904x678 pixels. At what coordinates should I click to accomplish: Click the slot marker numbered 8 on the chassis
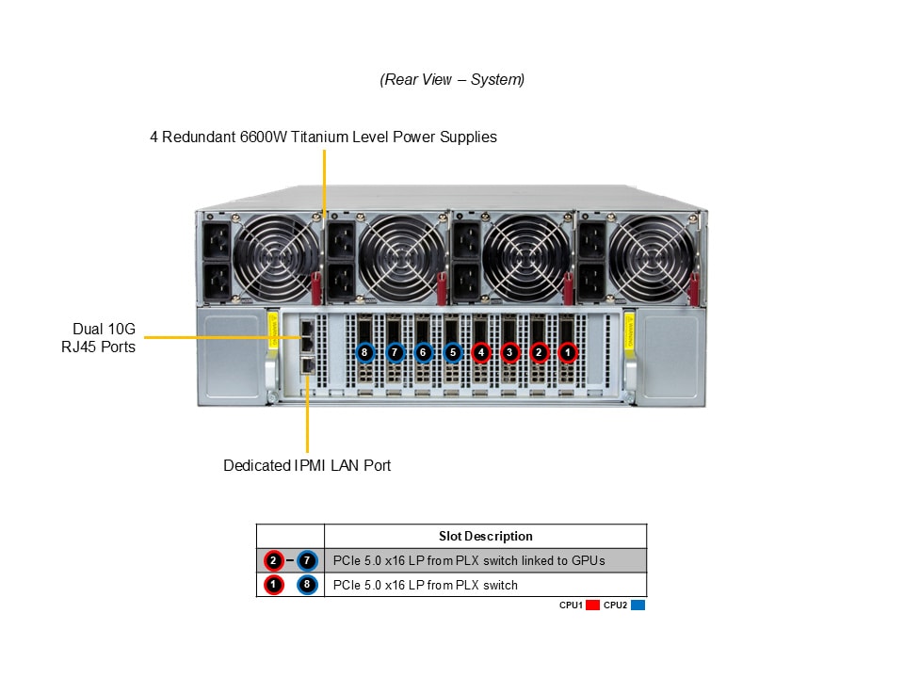[x=364, y=352]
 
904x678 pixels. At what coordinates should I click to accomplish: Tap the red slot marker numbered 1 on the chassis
[x=567, y=352]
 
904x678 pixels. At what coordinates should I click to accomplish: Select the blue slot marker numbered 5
[x=453, y=352]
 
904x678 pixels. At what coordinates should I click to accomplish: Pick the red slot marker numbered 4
[x=481, y=352]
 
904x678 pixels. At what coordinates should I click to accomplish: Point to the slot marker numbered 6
[x=423, y=352]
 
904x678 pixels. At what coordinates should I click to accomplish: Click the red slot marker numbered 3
[x=509, y=352]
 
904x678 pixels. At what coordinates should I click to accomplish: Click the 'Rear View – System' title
[x=452, y=79]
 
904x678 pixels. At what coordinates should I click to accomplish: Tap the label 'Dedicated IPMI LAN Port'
[x=307, y=465]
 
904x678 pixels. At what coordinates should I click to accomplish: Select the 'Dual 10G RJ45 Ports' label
[x=99, y=338]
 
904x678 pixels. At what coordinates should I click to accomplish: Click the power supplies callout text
[x=323, y=137]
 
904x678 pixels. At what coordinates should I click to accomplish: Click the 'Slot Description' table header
[x=486, y=536]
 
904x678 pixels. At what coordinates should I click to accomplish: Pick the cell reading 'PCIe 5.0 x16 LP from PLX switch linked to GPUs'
[x=469, y=560]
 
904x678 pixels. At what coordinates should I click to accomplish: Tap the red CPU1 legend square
[x=592, y=605]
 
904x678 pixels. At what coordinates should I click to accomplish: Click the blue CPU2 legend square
[x=638, y=605]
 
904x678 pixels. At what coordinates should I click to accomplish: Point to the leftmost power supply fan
[x=276, y=258]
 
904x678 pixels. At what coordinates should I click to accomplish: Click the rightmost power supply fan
[x=652, y=258]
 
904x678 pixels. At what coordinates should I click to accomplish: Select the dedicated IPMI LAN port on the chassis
[x=308, y=365]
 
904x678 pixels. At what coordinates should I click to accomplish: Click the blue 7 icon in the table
[x=307, y=560]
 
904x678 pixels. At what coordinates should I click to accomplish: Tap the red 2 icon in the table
[x=274, y=560]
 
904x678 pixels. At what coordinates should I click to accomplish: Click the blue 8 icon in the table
[x=307, y=585]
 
